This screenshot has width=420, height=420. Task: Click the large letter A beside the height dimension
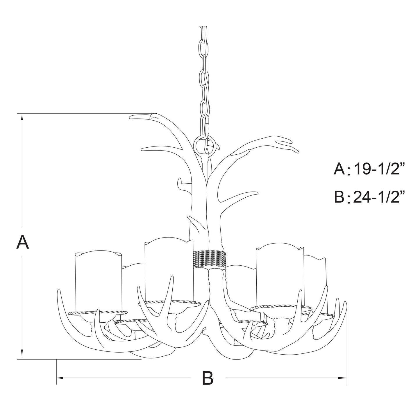coord(22,242)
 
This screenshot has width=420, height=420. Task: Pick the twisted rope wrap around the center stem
coord(209,259)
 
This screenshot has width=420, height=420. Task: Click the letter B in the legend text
coord(339,196)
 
